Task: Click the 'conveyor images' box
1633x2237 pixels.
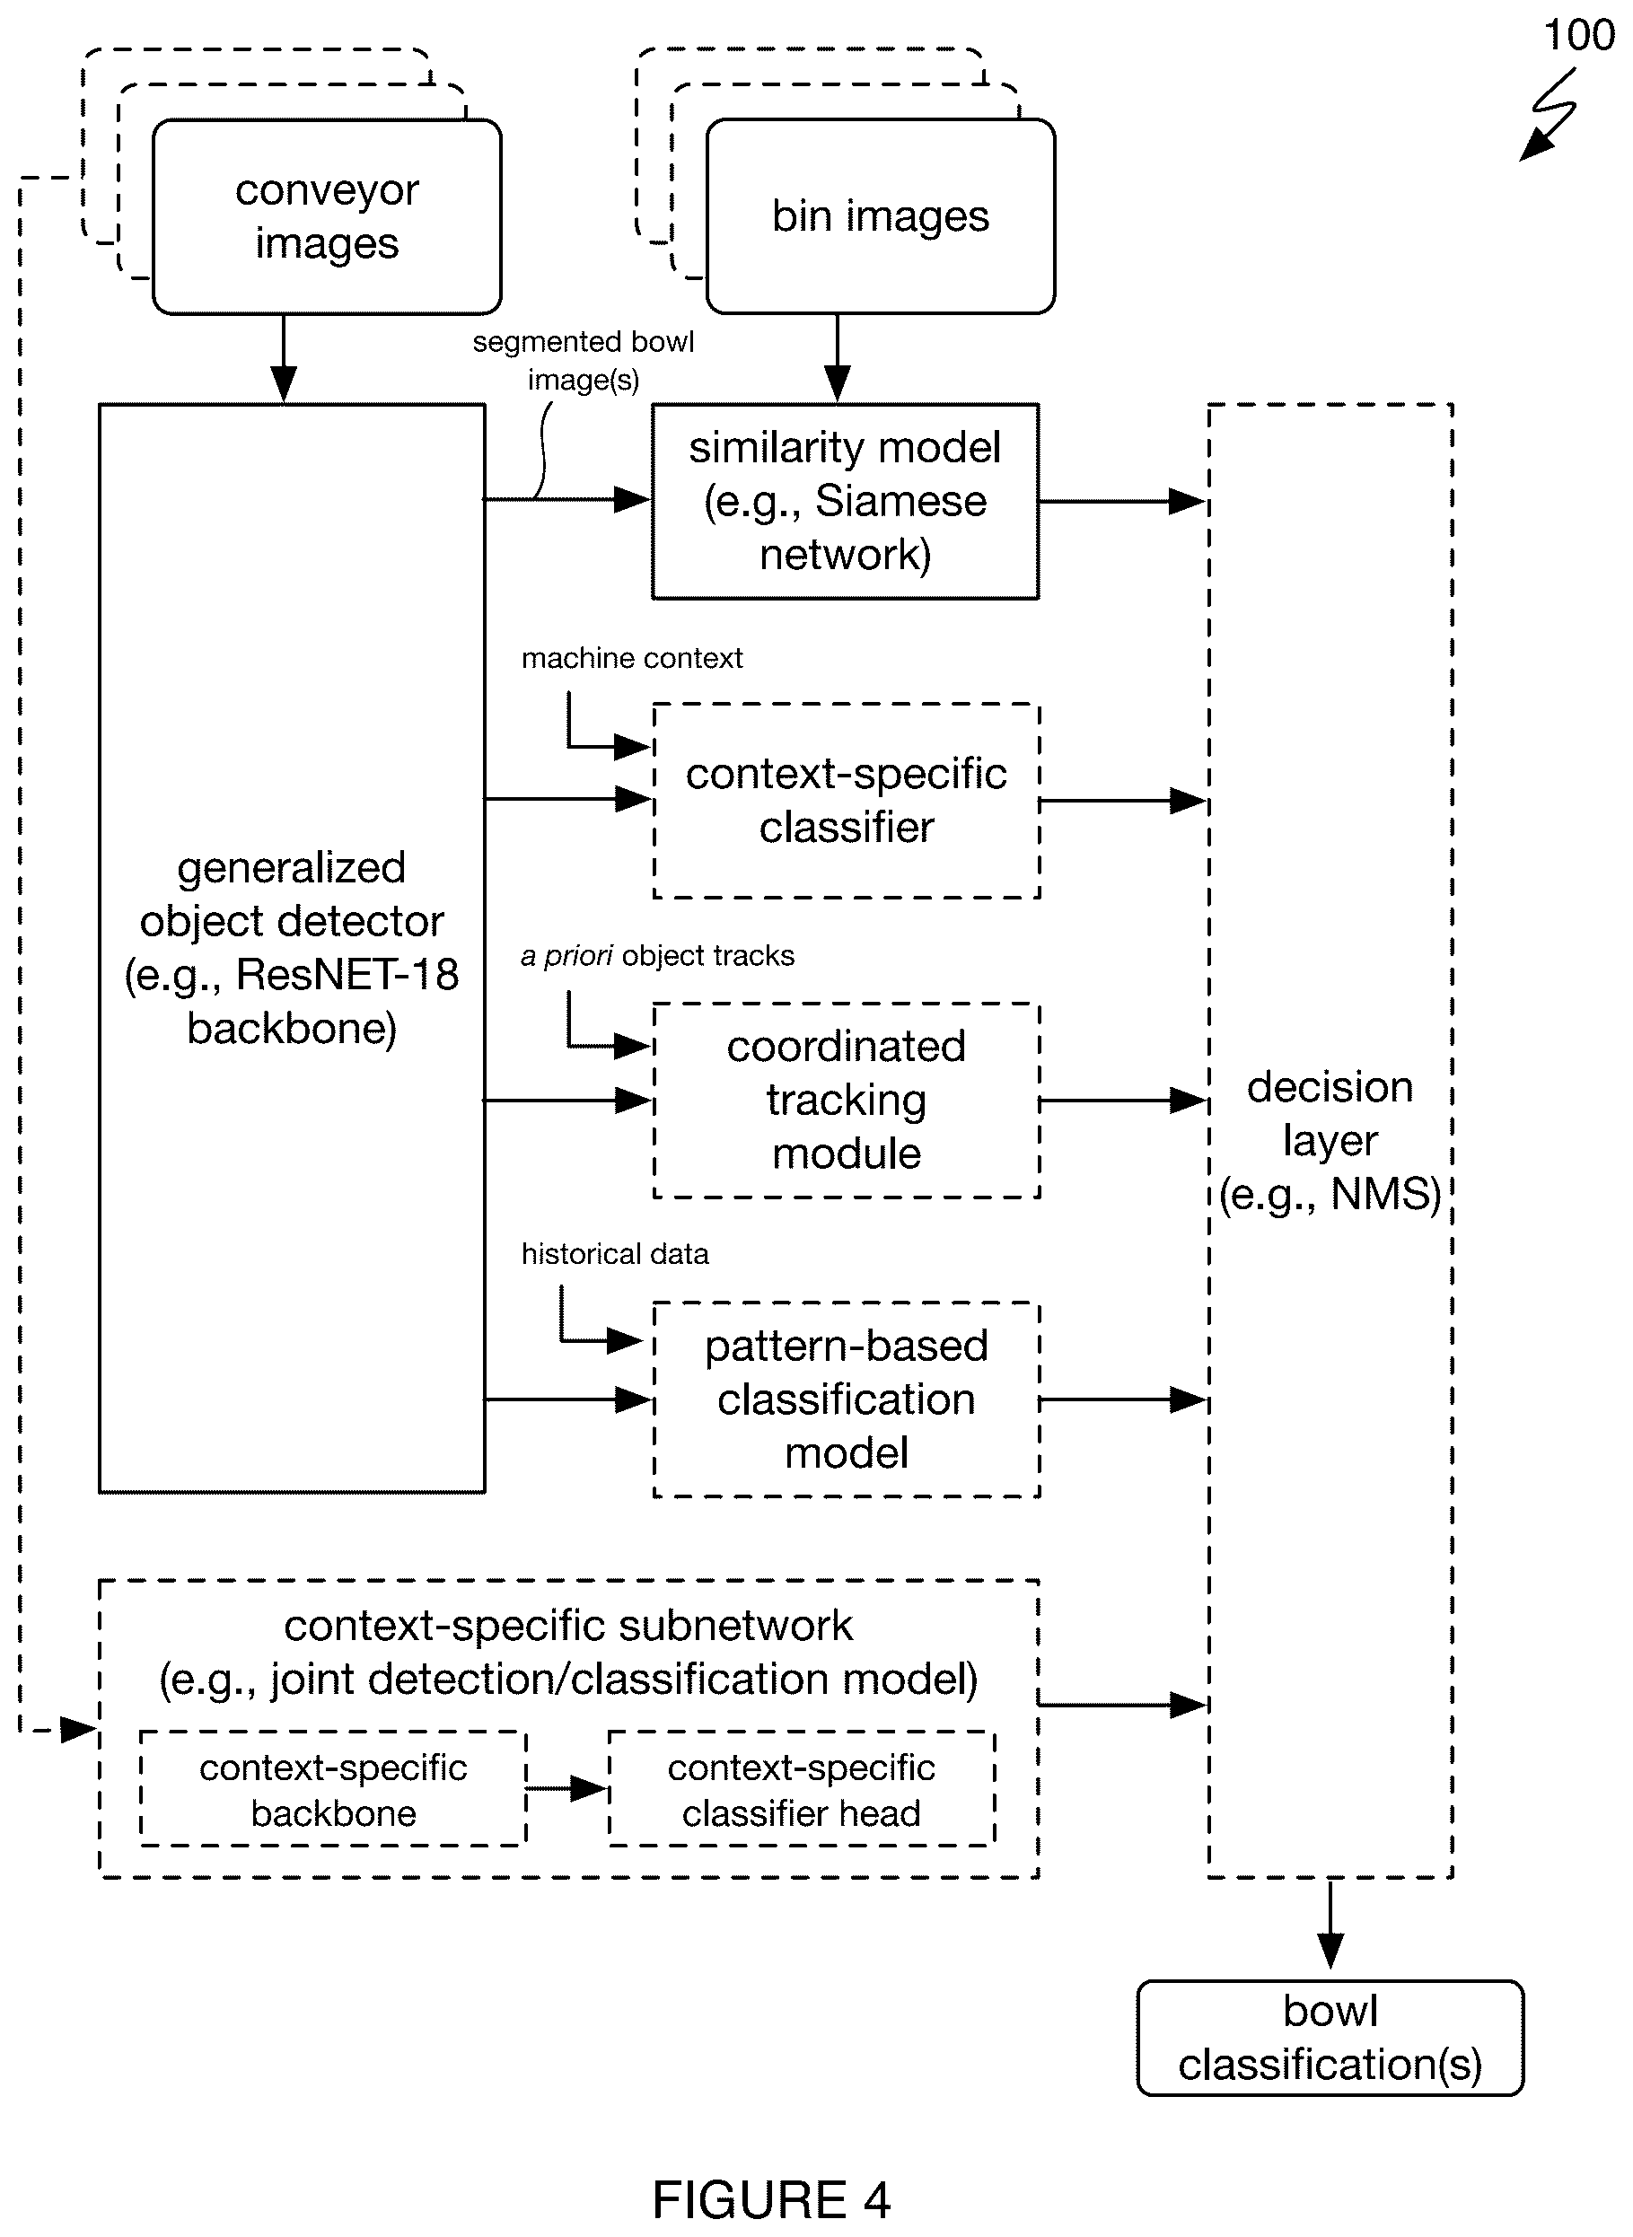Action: pos(327,216)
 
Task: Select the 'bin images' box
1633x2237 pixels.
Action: pos(881,216)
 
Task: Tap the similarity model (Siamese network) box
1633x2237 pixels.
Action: pos(845,501)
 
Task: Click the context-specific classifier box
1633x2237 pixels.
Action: pos(847,801)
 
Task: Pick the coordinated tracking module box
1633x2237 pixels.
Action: pos(847,1101)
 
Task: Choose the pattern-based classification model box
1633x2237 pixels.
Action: pos(847,1399)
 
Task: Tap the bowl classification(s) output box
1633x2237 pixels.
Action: pos(1330,2039)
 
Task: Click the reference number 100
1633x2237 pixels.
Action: pos(1578,36)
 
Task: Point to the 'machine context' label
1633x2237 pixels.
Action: pos(632,658)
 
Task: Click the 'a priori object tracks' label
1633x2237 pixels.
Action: pos(657,956)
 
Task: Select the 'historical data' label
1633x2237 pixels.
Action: pos(615,1254)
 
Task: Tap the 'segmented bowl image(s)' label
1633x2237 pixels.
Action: pos(584,361)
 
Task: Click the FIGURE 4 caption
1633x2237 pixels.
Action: pos(771,2200)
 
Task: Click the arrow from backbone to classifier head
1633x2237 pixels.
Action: pos(566,1788)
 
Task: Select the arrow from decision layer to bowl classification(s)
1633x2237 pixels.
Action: pos(1330,1924)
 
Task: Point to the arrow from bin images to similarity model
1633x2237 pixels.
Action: pos(838,359)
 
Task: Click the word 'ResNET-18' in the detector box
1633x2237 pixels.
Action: pos(347,975)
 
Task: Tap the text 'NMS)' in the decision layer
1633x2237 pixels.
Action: pos(1386,1195)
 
